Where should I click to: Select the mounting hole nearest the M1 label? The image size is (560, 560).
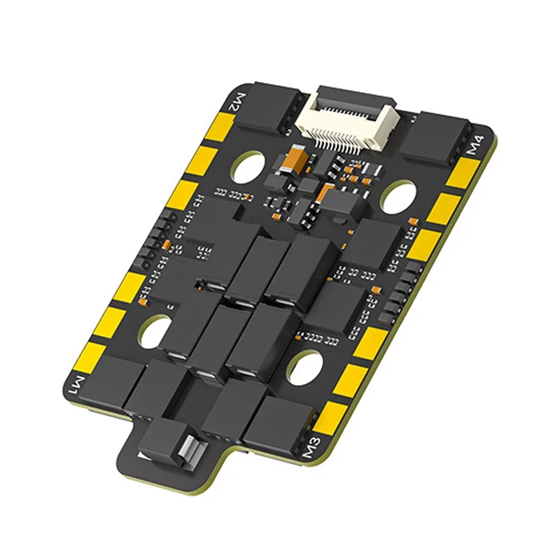coord(155,330)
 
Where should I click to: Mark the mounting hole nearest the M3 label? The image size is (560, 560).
coord(306,367)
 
